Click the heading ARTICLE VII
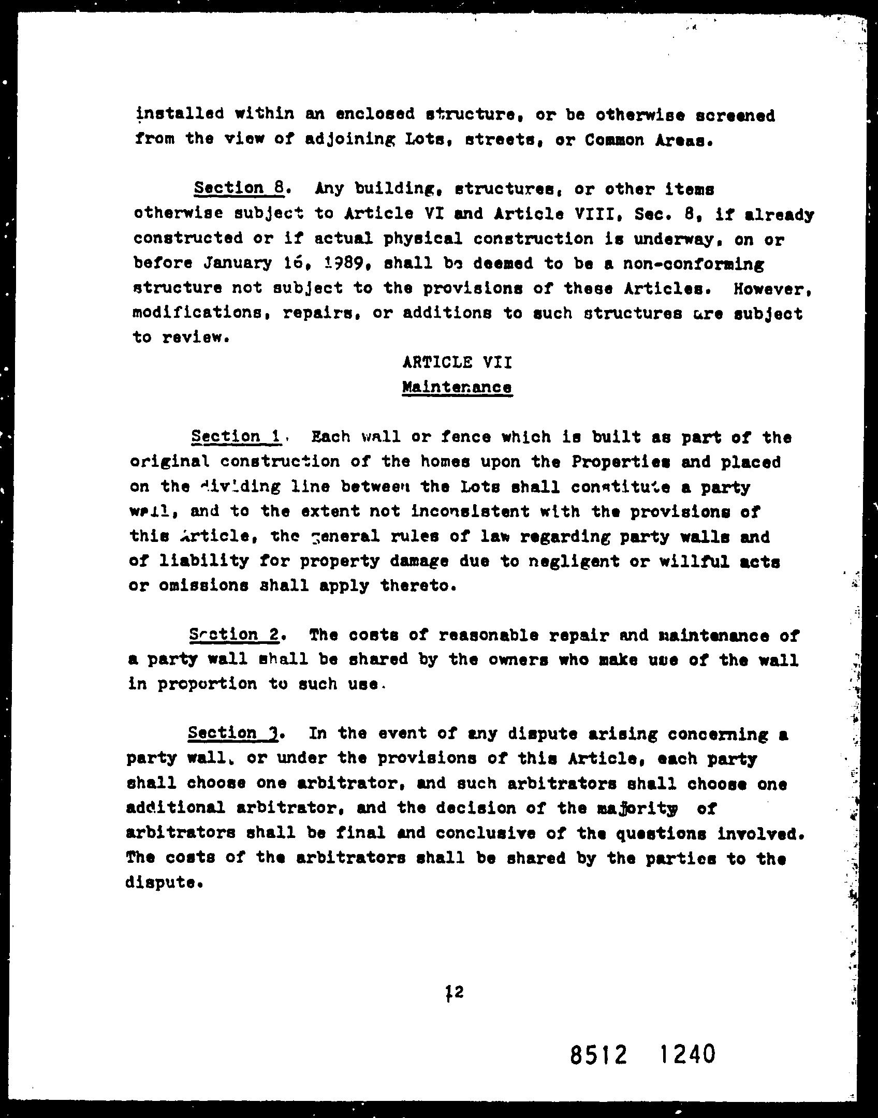(457, 362)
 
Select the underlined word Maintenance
(457, 387)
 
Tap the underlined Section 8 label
(239, 188)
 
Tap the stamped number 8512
(598, 1054)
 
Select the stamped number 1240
(687, 1053)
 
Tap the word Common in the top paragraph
(613, 140)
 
